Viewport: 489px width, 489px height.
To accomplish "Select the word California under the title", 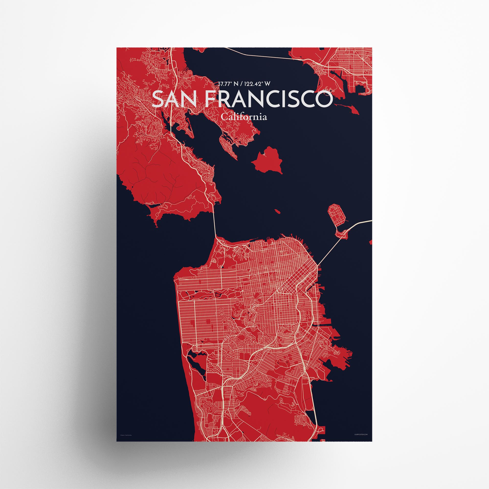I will pos(244,117).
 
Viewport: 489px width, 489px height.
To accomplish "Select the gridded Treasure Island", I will pos(337,215).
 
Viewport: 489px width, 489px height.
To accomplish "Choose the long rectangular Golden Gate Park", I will pos(210,295).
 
